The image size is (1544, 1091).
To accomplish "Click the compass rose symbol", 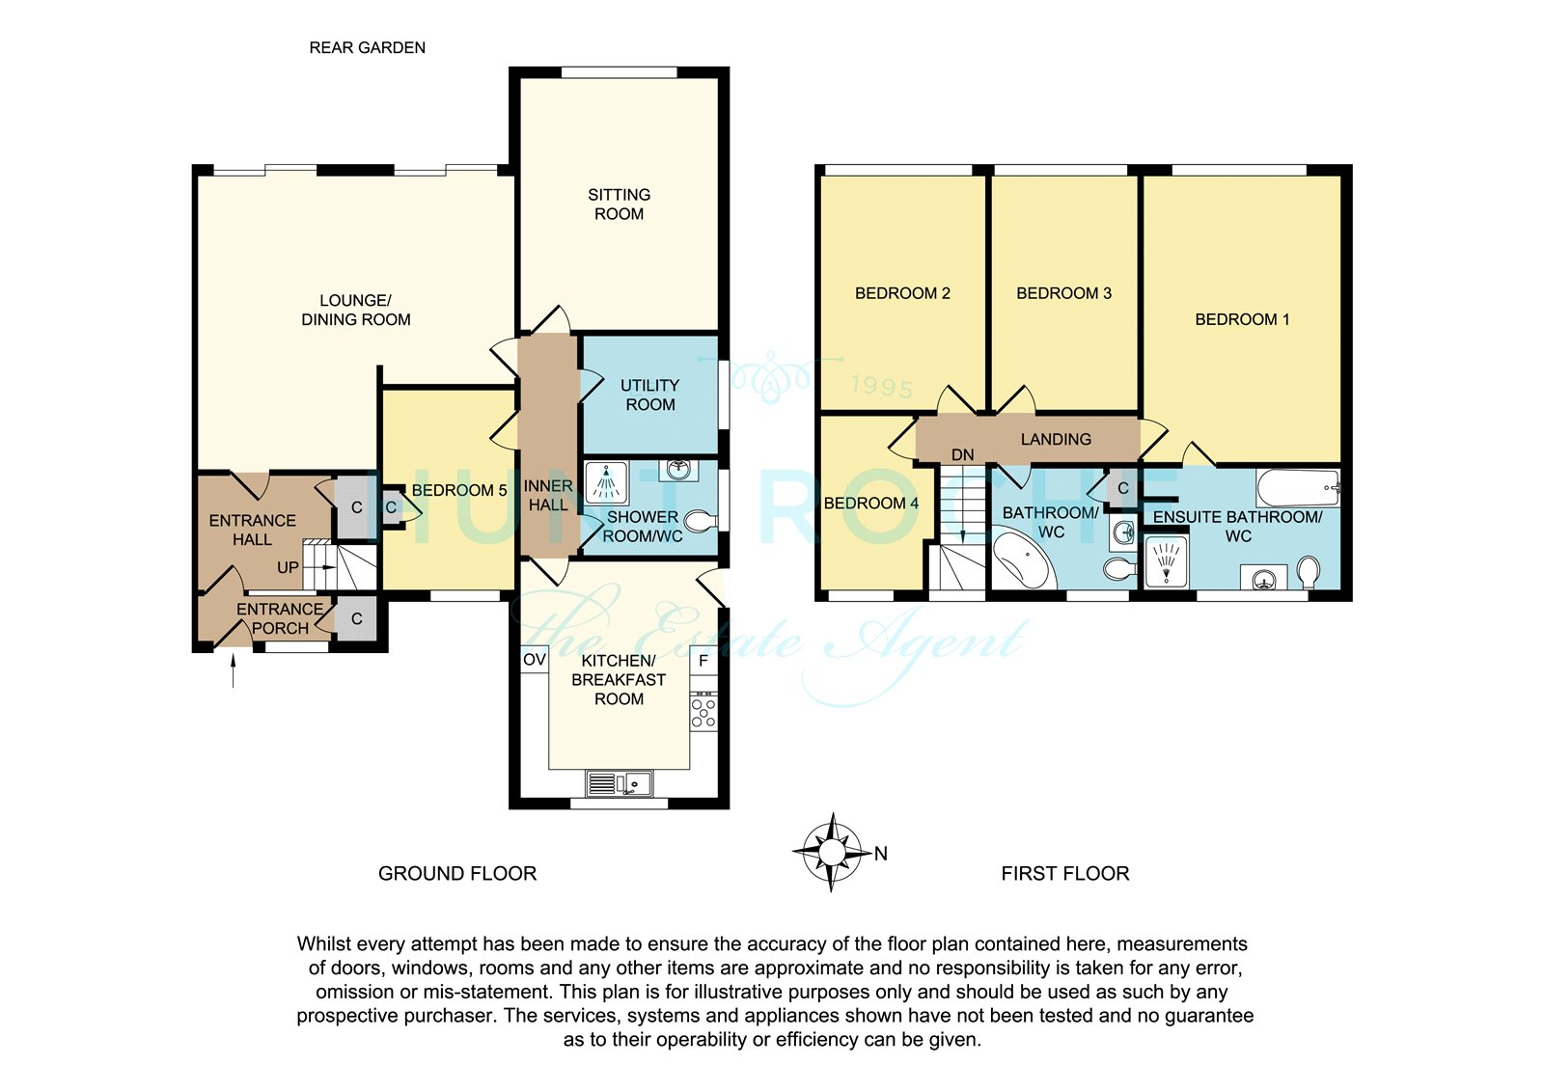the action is pyautogui.click(x=832, y=853).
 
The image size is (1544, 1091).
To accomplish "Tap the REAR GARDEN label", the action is pyautogui.click(x=368, y=47).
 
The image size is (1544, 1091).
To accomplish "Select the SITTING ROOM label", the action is pyautogui.click(x=619, y=204).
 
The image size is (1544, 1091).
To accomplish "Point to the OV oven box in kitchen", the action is pyautogui.click(x=535, y=660).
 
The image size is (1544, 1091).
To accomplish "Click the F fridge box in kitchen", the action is pyautogui.click(x=703, y=661).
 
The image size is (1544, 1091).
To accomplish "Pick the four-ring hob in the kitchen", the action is pyautogui.click(x=703, y=713).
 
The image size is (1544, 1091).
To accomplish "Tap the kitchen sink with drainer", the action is pyautogui.click(x=619, y=783).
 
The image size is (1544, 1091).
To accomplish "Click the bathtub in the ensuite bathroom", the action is pyautogui.click(x=1298, y=488).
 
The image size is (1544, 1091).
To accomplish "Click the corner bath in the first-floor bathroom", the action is pyautogui.click(x=1019, y=559).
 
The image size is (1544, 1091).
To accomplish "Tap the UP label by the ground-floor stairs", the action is pyautogui.click(x=288, y=567).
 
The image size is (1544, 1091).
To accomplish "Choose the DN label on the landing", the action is pyautogui.click(x=962, y=455).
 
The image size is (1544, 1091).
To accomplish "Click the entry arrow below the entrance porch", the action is pyautogui.click(x=233, y=669).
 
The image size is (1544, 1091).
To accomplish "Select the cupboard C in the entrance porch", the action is pyautogui.click(x=356, y=618).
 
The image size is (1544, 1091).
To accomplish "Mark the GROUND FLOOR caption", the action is pyautogui.click(x=457, y=874).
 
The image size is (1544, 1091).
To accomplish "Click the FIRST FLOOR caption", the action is pyautogui.click(x=1065, y=874).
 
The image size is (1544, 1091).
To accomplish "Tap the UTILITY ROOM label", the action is pyautogui.click(x=650, y=395).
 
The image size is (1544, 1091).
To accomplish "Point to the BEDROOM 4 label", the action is pyautogui.click(x=871, y=504).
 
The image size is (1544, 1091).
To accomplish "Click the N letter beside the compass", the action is pyautogui.click(x=880, y=854).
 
